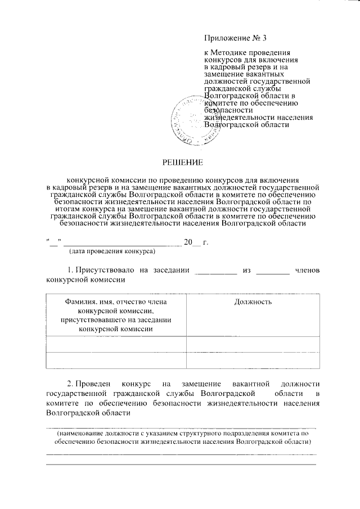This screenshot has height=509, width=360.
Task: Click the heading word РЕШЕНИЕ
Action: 182,163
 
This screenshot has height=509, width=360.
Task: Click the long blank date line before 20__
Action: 123,244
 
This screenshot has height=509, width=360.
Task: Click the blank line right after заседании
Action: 215,272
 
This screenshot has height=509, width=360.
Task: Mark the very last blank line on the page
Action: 181,463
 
